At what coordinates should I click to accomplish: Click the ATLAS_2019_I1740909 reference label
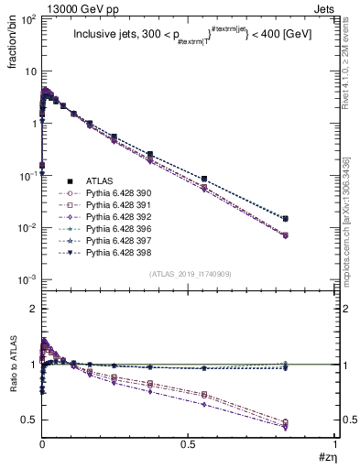point(189,274)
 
